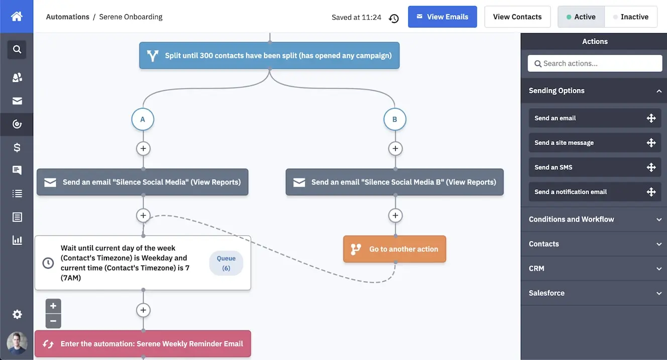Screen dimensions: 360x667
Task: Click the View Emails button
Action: point(442,17)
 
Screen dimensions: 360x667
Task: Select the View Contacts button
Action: point(517,17)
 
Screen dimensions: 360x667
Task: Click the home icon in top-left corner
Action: point(17,16)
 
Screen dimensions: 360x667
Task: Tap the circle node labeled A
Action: point(143,119)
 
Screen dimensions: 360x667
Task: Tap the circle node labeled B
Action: point(395,119)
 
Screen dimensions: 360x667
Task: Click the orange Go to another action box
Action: point(395,249)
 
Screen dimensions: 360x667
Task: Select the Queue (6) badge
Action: point(226,263)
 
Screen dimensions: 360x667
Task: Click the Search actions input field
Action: point(595,63)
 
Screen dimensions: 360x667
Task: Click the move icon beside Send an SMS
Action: point(651,167)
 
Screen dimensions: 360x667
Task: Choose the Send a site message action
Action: point(564,143)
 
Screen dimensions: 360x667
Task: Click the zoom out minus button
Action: point(53,321)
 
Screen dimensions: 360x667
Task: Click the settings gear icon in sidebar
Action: point(17,314)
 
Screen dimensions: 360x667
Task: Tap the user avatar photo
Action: point(17,343)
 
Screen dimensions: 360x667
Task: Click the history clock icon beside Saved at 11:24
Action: point(394,18)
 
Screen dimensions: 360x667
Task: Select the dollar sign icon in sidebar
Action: point(17,148)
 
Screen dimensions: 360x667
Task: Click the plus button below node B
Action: point(395,149)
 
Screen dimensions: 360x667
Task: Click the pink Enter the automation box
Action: point(143,344)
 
